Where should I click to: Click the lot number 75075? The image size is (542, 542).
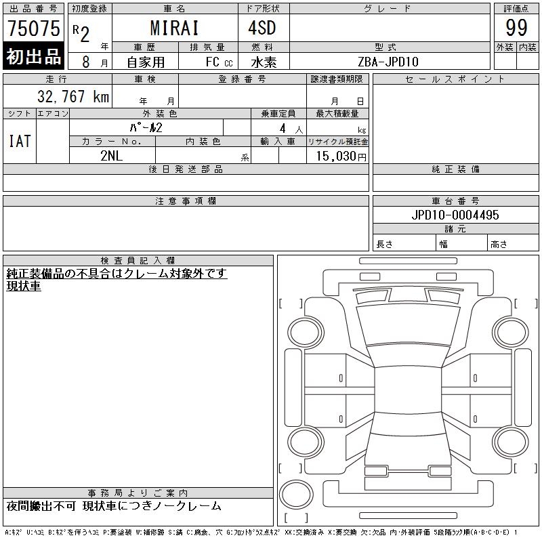[x=34, y=28]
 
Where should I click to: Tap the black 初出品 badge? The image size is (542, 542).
[x=33, y=56]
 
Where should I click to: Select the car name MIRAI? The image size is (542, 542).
[x=175, y=28]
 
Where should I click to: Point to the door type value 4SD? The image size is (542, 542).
[x=262, y=28]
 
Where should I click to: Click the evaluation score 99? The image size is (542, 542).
[x=516, y=28]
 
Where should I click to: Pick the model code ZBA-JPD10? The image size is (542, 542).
[x=388, y=62]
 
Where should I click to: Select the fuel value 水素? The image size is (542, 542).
[x=264, y=62]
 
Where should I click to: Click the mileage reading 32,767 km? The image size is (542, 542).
[x=73, y=96]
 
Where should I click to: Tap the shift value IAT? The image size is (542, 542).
[x=20, y=141]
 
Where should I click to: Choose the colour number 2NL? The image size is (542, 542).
[x=111, y=156]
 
